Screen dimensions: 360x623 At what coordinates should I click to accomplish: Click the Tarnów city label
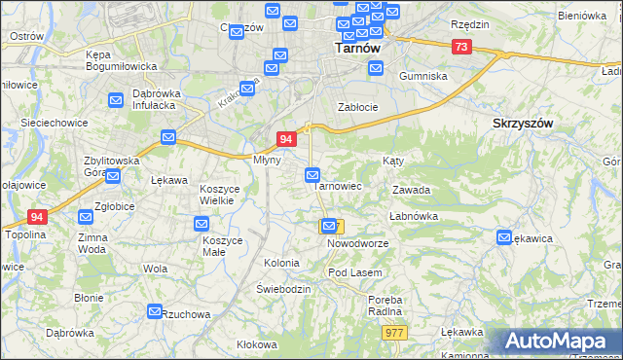[x=357, y=46]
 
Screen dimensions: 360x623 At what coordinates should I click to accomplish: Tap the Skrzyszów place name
[x=524, y=124]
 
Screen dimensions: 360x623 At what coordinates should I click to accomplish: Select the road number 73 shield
[x=461, y=47]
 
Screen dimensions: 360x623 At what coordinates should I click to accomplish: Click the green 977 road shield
[x=394, y=332]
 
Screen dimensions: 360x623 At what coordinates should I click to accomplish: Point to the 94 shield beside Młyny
[x=286, y=140]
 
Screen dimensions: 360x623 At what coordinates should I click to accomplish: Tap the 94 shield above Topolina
[x=37, y=217]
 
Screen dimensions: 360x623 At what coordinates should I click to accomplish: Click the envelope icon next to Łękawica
[x=504, y=236]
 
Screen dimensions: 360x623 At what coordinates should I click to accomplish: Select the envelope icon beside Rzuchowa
[x=155, y=311]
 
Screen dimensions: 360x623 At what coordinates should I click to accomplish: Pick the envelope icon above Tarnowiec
[x=312, y=175]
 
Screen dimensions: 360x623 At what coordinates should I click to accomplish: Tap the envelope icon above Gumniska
[x=376, y=68]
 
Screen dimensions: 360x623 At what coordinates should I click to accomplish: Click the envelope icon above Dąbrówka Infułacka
[x=115, y=98]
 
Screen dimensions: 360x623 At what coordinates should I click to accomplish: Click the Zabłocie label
[x=357, y=107]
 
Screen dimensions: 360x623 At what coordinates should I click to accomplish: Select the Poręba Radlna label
[x=385, y=306]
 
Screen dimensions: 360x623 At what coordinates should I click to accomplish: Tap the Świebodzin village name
[x=283, y=289]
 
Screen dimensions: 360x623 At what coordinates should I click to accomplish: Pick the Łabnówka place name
[x=413, y=216]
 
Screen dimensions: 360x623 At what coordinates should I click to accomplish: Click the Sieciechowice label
[x=55, y=124]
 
